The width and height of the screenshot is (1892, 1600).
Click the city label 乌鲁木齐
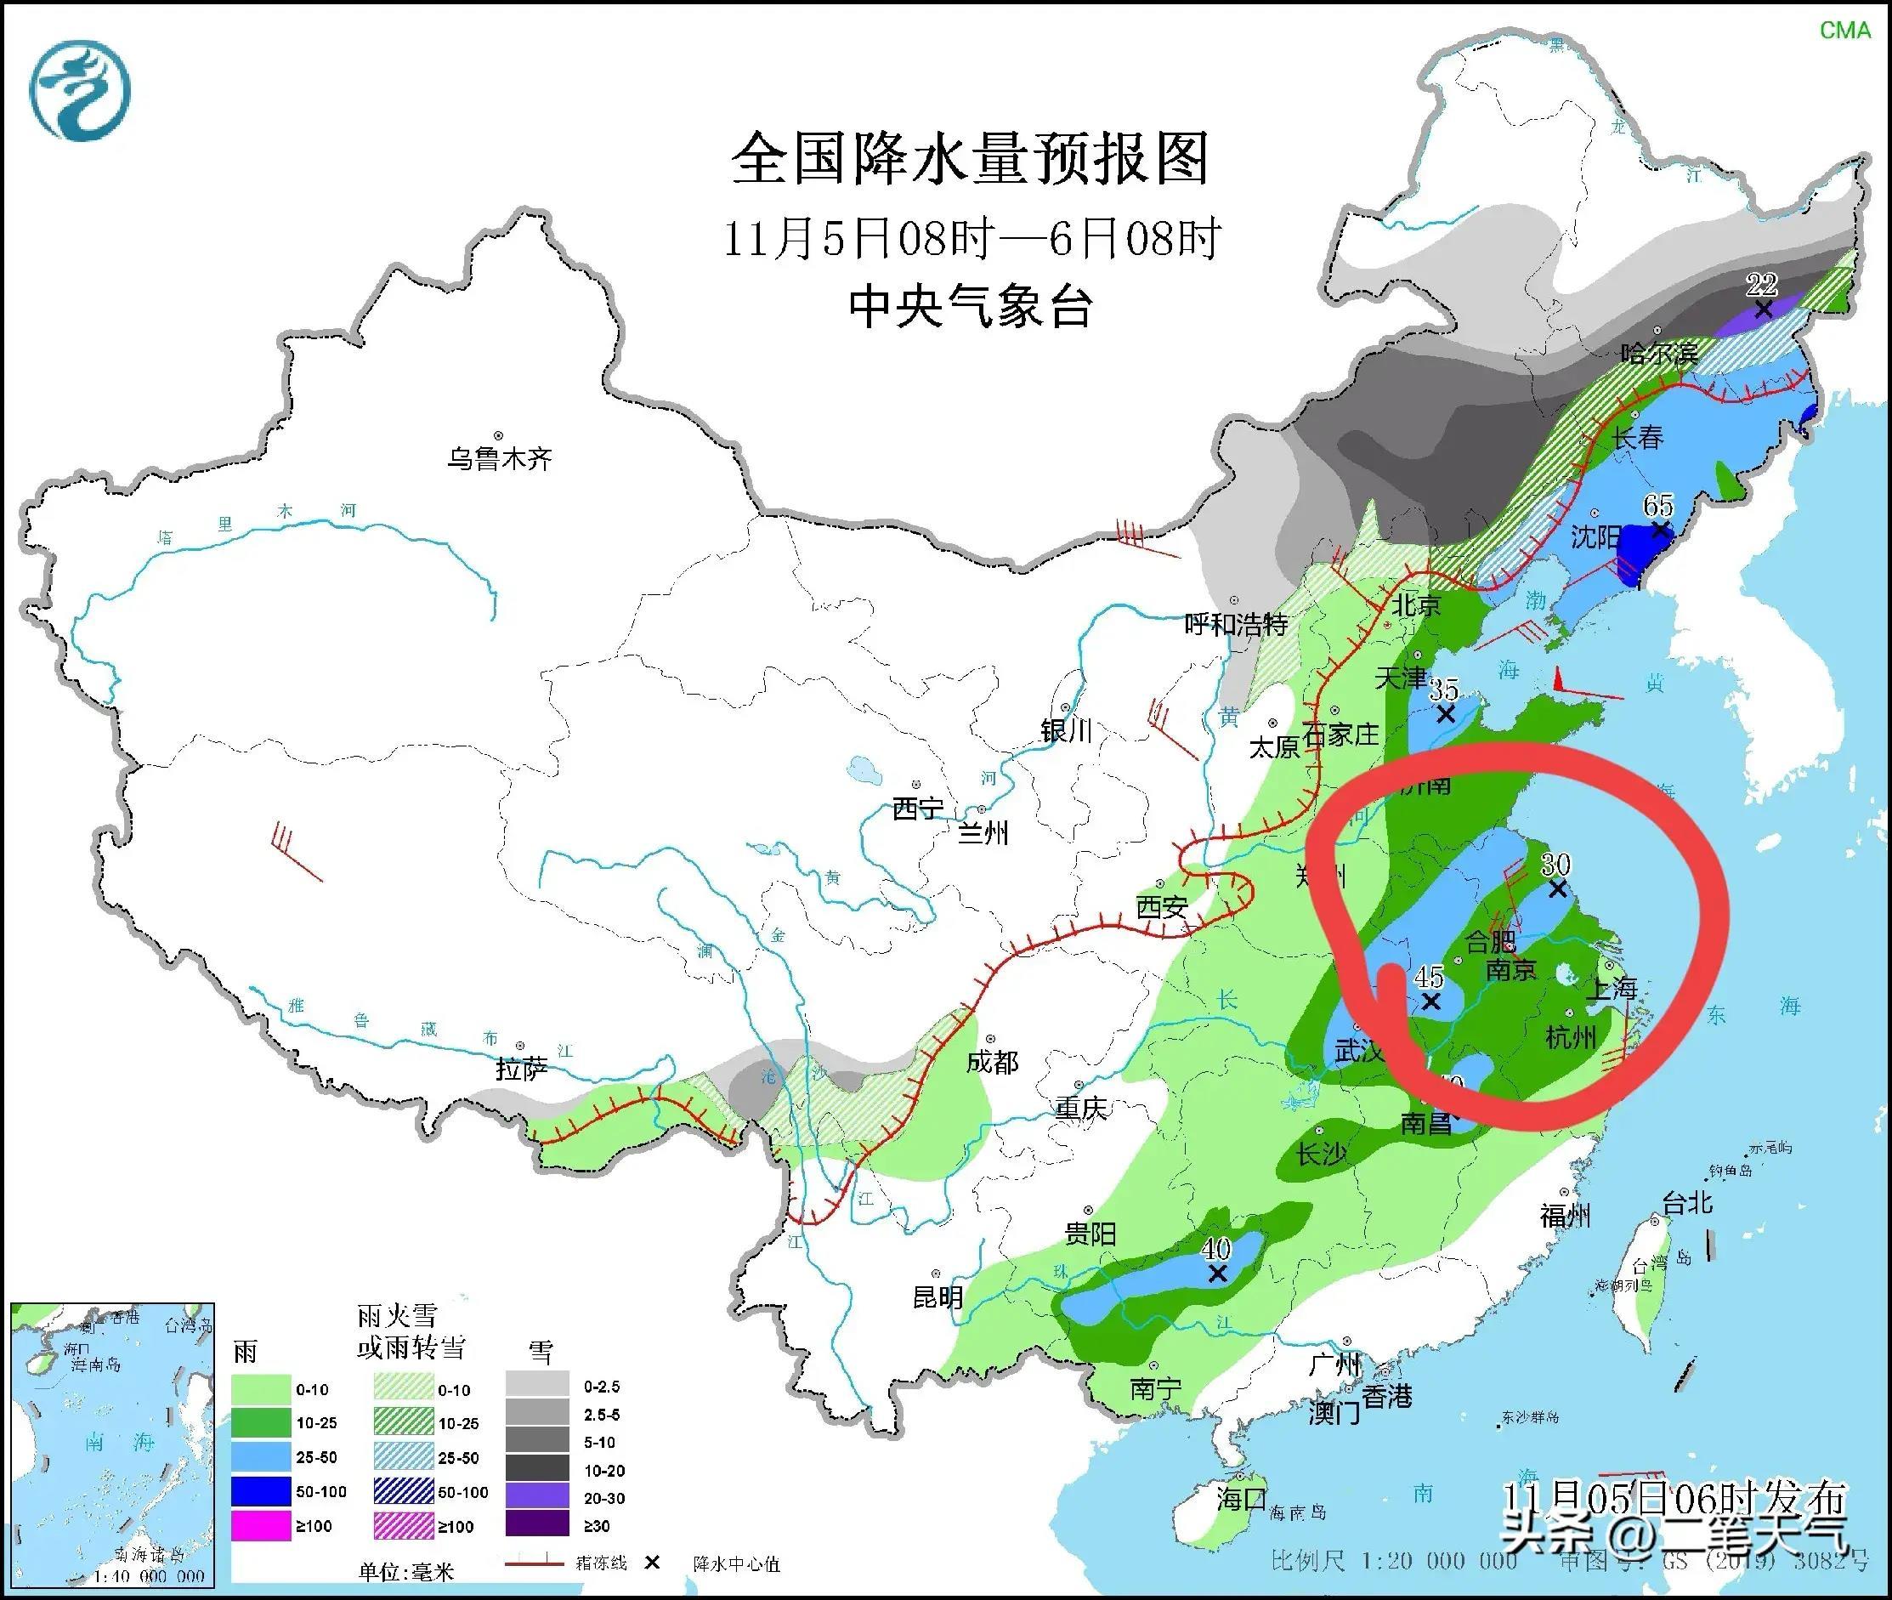pos(499,458)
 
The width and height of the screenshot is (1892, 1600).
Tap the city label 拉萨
pos(521,1070)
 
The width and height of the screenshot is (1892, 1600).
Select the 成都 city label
pos(992,1062)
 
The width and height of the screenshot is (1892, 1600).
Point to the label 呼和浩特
pos(1236,624)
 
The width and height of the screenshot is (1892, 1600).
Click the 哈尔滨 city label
pos(1659,353)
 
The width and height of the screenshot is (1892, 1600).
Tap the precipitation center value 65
pos(1658,505)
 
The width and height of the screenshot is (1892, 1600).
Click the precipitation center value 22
pos(1761,285)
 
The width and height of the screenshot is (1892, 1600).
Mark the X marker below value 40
pos(1217,1274)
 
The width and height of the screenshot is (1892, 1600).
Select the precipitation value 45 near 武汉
pos(1429,977)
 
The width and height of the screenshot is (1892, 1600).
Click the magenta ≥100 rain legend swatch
pos(259,1527)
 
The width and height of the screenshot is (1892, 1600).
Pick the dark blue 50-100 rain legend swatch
pos(259,1492)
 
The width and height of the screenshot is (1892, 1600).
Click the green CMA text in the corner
pos(1845,30)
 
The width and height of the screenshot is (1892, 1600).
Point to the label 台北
pos(1686,1204)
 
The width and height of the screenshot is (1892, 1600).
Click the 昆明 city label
pos(938,1298)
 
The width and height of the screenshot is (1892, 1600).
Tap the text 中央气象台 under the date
pos(970,307)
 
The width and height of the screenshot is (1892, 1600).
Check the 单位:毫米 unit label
pos(405,1571)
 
